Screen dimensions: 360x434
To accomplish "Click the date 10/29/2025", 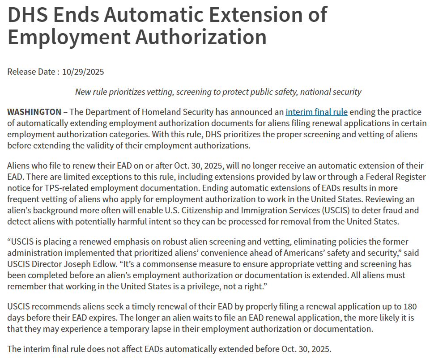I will (x=83, y=72).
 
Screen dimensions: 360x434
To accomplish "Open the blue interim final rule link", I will (x=316, y=112).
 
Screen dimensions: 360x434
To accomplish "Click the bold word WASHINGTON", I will (x=34, y=112).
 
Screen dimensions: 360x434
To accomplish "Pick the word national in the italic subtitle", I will (x=318, y=92).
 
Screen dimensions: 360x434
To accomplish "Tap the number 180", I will (x=410, y=307).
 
